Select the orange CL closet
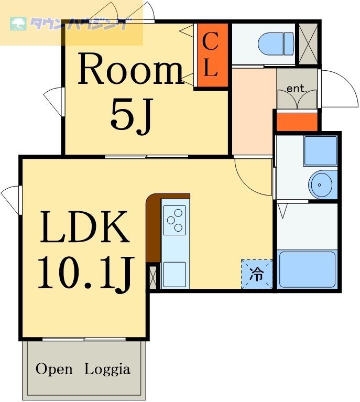pyautogui.click(x=211, y=56)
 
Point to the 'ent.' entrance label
pyautogui.click(x=297, y=89)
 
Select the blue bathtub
pyautogui.click(x=307, y=269)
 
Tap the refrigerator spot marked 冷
pyautogui.click(x=257, y=274)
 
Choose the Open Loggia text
pyautogui.click(x=83, y=369)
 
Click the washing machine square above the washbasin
pyautogui.click(x=320, y=150)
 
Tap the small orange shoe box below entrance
pyautogui.click(x=297, y=122)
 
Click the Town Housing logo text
pyautogui.click(x=79, y=24)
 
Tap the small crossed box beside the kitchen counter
pyautogui.click(x=153, y=277)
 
